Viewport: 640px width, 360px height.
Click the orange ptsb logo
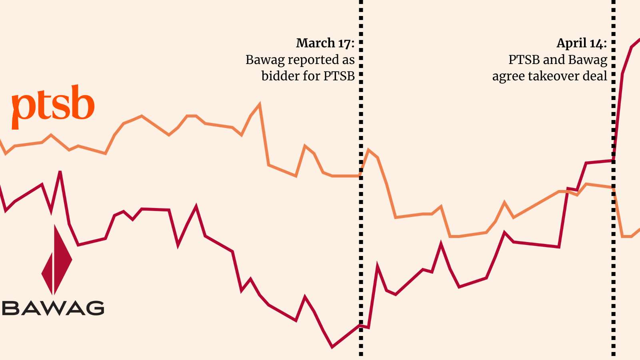(53, 106)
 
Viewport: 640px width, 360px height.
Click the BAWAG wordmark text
(53, 308)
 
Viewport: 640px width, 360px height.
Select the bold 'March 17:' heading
(325, 43)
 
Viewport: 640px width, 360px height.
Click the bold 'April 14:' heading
(581, 43)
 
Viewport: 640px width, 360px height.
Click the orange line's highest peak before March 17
(260, 105)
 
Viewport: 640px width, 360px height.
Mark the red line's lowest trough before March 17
(332, 346)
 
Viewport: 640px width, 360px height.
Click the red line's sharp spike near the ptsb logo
(60, 172)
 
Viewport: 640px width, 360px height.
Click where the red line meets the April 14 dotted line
(614, 161)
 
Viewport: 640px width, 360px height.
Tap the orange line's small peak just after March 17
(368, 150)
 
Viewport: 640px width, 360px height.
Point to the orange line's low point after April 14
(627, 236)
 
